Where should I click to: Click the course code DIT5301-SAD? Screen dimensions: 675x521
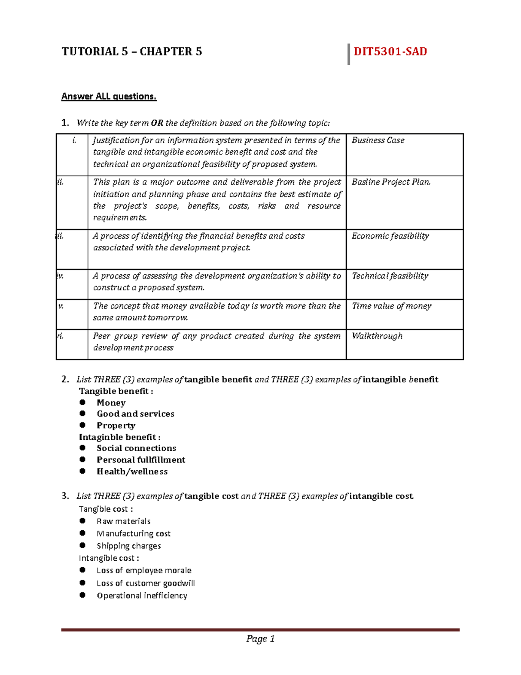pos(390,52)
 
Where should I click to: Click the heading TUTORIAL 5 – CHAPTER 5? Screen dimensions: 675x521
pos(132,52)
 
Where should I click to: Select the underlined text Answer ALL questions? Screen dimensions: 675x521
pos(109,96)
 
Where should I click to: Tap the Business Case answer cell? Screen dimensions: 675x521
pos(378,140)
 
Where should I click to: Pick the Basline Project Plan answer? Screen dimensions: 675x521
pos(391,182)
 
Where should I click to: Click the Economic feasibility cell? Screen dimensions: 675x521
pos(390,236)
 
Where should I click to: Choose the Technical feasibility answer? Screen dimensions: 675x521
pos(389,276)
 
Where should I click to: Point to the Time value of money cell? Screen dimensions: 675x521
pos(391,306)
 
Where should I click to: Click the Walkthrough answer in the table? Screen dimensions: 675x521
pos(377,336)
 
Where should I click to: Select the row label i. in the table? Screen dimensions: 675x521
pos(74,140)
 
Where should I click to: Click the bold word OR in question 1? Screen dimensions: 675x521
pos(157,123)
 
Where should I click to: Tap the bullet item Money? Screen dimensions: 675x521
pos(111,403)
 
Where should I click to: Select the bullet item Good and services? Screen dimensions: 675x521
pos(135,414)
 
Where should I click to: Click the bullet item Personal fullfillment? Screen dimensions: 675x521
pos(141,460)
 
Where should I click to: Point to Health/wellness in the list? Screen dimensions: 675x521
pos(132,472)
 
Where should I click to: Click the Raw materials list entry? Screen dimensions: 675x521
pos(123,521)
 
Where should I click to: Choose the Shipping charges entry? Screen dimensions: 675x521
pos(129,546)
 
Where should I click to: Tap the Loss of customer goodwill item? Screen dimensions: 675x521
pos(145,583)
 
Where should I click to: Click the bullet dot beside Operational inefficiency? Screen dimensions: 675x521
pos(82,595)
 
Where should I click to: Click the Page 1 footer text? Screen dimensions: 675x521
pos(260,638)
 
